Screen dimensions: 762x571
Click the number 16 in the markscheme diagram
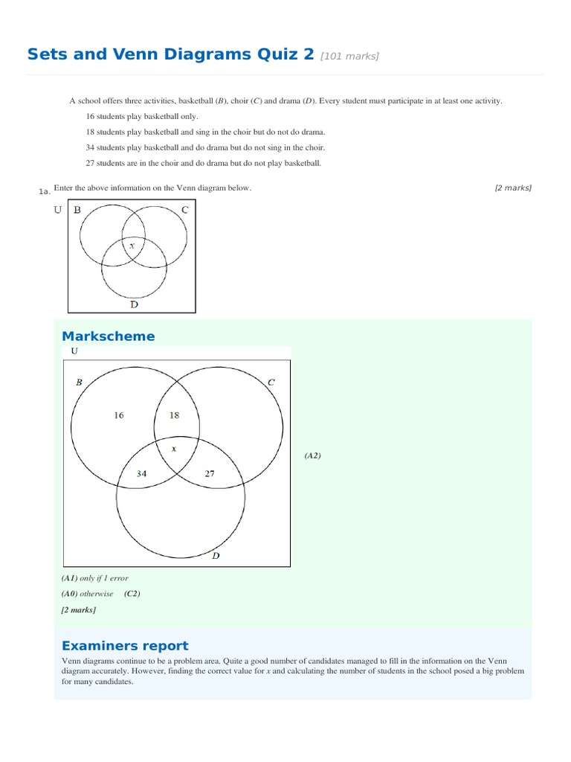(119, 415)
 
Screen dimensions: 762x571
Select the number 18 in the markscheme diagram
(175, 415)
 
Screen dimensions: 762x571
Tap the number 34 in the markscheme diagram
(141, 473)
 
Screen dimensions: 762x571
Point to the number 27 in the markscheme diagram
(210, 473)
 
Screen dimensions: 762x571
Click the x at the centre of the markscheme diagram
(175, 449)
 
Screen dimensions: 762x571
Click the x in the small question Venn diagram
(132, 245)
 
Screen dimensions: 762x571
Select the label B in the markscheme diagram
(79, 382)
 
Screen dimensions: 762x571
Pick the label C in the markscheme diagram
(271, 382)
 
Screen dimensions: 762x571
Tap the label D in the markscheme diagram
(216, 555)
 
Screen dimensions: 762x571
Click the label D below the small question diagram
(134, 304)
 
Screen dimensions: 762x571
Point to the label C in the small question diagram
(184, 210)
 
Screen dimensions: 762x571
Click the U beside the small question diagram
(58, 210)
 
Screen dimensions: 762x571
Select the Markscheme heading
(109, 336)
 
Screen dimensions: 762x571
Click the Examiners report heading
(125, 645)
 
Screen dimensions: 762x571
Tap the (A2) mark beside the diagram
(312, 455)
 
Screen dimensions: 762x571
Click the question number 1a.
(44, 192)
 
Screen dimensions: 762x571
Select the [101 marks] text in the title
(349, 56)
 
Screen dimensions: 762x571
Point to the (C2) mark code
(132, 594)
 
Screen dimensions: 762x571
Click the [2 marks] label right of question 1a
(513, 188)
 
